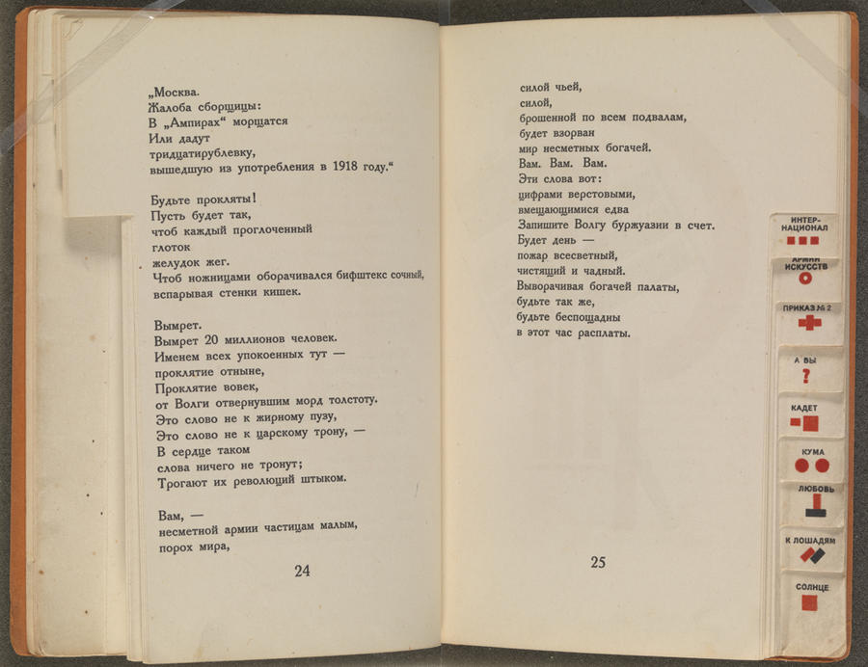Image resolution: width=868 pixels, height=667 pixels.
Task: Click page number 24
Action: pos(302,571)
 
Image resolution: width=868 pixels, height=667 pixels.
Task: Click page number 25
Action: pos(598,563)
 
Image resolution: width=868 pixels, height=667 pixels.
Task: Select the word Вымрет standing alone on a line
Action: pos(176,324)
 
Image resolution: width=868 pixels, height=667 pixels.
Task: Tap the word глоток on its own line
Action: pos(171,246)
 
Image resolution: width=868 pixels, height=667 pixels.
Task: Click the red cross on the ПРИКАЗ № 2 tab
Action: pos(808,324)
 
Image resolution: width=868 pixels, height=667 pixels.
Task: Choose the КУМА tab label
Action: pos(812,451)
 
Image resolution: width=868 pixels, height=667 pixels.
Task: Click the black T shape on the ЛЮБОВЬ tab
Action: pos(814,505)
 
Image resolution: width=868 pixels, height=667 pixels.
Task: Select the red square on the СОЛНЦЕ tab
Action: pos(810,602)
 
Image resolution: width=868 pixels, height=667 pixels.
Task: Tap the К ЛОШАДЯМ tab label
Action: pos(809,541)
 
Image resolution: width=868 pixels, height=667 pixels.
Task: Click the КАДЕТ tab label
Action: pos(803,408)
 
